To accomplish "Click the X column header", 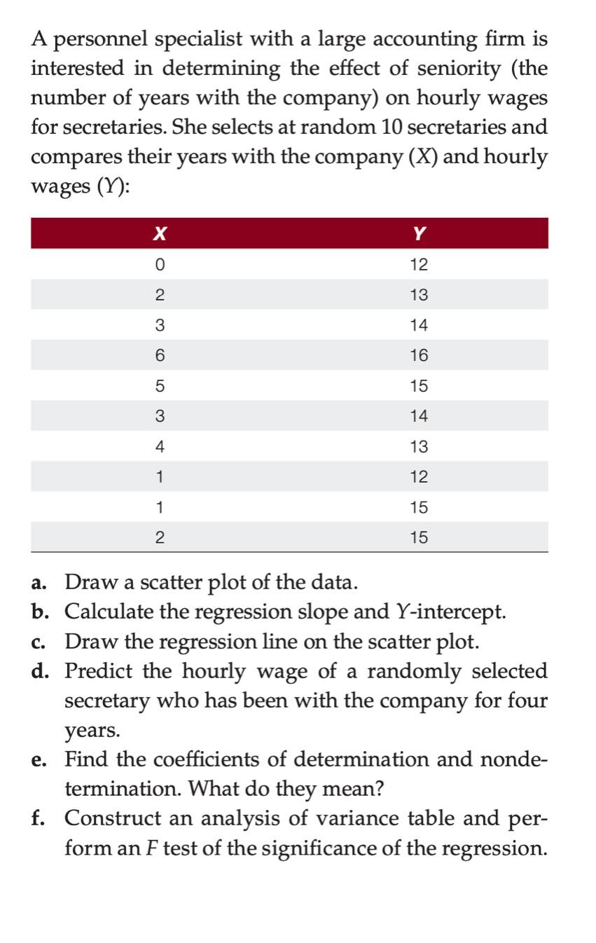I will point(160,234).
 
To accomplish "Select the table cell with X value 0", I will point(160,265).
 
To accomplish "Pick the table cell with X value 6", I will point(160,356).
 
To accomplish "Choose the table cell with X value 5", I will point(160,386).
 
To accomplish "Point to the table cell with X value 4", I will point(160,446).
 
